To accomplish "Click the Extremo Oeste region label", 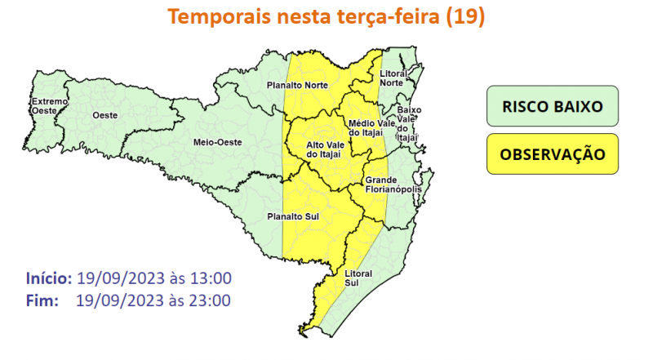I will (x=46, y=106).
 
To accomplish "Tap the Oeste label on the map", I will (x=103, y=116).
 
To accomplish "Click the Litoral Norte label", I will (x=394, y=78).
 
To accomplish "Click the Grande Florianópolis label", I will (x=393, y=185).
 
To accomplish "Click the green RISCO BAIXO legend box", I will (x=553, y=107).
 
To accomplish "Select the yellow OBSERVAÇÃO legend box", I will (x=553, y=154).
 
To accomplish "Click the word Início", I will (x=50, y=277).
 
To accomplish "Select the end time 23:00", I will (x=209, y=300).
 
